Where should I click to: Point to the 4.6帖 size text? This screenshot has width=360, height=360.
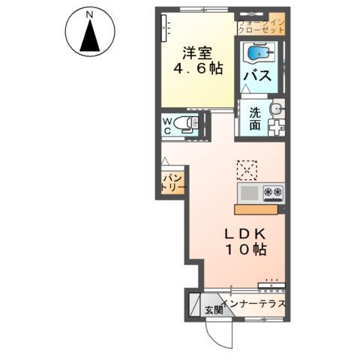point(197,68)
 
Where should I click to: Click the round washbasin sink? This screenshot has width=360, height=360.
point(275,109)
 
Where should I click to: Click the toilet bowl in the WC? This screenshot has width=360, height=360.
point(186,125)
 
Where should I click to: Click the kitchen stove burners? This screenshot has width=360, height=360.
point(273,193)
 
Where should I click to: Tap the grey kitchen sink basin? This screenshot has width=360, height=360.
point(250,193)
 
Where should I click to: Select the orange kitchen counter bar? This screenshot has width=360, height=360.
point(259,208)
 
